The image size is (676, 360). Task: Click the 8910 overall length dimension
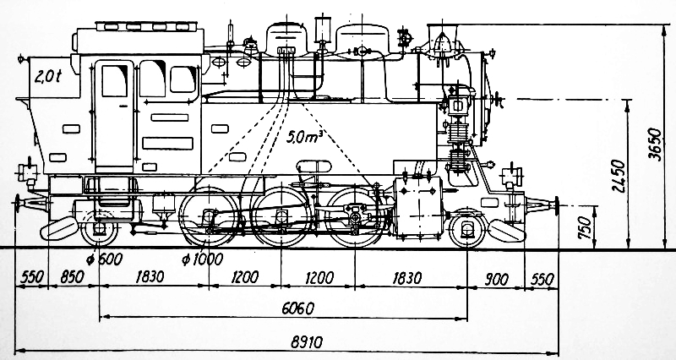point(307,342)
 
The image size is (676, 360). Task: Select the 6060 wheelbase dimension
point(298,308)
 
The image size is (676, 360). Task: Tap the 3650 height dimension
point(656,144)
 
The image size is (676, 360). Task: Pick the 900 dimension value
point(497,280)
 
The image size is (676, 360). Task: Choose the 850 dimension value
point(72,277)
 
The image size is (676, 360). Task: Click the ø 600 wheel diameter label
point(104,259)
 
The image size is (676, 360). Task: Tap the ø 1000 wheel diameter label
point(202,259)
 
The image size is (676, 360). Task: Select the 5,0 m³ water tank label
point(305,136)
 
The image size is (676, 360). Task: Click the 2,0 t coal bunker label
point(48,76)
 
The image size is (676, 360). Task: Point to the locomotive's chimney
point(442,39)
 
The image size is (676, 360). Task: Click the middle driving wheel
point(281,217)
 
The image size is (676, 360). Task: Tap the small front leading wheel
point(467,228)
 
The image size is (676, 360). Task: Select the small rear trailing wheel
point(99,228)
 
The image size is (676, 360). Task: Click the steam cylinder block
point(418,207)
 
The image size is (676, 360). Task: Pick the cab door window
point(115,80)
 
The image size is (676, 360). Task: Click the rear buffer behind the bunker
point(31,204)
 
